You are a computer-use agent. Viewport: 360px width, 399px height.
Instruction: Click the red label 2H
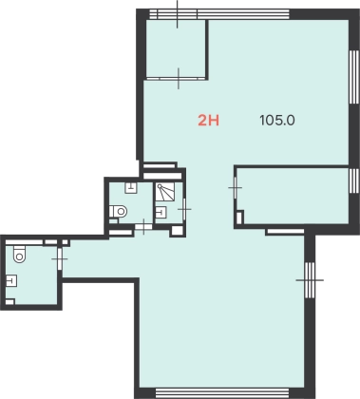tap(209, 121)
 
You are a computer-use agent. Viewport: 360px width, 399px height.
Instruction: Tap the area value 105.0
tap(277, 121)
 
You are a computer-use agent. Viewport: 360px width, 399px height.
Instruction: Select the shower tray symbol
tap(165, 192)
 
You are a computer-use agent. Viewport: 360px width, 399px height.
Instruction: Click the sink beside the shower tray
tap(161, 212)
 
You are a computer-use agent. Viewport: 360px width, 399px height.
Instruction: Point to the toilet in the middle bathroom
tap(118, 211)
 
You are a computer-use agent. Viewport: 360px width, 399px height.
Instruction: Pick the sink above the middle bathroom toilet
tap(131, 188)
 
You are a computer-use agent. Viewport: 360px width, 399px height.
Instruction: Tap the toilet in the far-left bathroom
tap(19, 255)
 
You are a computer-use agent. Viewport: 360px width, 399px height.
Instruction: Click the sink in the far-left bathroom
tap(11, 280)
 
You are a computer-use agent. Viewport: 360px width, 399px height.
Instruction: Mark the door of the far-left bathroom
tap(60, 259)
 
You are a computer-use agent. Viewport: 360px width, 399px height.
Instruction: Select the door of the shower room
tap(184, 209)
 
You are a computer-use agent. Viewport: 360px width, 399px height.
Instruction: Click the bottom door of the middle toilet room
tap(143, 227)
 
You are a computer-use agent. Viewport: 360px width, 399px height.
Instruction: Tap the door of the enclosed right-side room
tap(235, 188)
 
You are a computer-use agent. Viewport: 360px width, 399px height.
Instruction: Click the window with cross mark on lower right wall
tap(310, 280)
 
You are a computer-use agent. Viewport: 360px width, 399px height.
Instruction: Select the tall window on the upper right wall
tap(354, 77)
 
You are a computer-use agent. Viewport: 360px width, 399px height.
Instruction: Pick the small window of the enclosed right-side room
tap(354, 180)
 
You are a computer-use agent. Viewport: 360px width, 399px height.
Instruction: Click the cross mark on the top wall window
tap(178, 14)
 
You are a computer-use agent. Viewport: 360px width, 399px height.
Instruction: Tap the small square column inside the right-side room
tap(239, 218)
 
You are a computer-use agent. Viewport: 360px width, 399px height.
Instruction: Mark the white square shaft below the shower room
tap(178, 231)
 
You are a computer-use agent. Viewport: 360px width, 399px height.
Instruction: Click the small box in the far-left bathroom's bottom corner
tap(9, 302)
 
